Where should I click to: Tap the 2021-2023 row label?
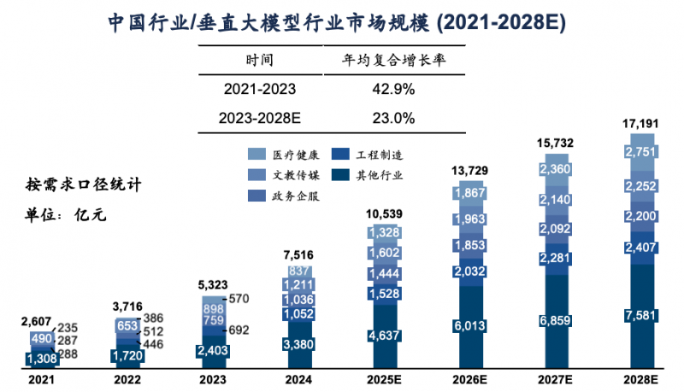(259, 89)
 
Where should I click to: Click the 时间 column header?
(259, 60)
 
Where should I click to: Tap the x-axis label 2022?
(127, 379)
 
